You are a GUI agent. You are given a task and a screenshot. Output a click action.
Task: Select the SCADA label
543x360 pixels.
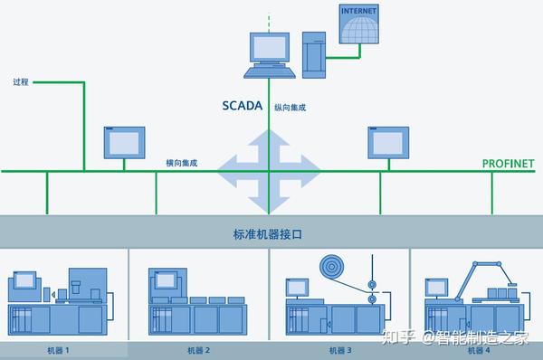click(242, 106)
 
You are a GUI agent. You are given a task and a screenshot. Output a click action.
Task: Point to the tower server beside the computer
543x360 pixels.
click(314, 53)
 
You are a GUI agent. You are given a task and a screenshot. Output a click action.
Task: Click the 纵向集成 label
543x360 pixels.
click(290, 107)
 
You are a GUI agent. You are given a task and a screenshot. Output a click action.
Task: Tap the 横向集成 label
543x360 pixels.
click(182, 163)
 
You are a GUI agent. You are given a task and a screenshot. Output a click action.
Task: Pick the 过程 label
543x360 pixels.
click(22, 82)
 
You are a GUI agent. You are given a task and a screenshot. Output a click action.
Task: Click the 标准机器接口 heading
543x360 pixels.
click(269, 234)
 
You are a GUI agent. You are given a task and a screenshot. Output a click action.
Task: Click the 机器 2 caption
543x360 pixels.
click(198, 349)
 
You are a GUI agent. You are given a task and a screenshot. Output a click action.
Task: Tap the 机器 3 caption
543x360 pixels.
click(340, 349)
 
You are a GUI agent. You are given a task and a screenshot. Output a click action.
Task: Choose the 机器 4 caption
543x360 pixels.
click(480, 349)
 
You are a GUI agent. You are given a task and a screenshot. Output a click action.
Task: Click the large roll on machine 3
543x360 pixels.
click(331, 269)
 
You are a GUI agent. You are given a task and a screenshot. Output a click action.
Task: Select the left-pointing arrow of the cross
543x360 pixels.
click(231, 168)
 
